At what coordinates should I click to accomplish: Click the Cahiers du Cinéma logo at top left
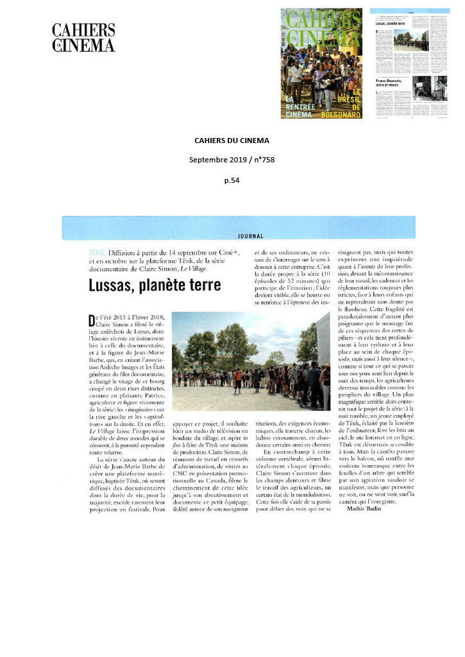click(x=83, y=37)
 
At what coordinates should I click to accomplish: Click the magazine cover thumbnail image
click(x=321, y=63)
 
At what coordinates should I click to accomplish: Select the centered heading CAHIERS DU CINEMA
click(x=232, y=141)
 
